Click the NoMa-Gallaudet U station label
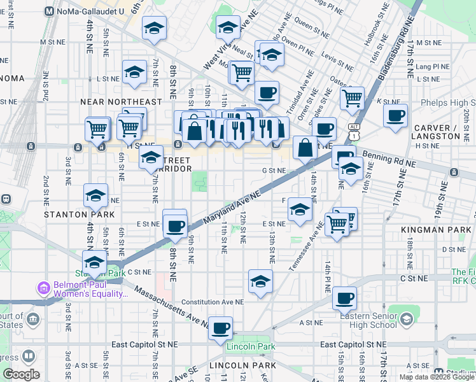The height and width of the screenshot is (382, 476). [88, 11]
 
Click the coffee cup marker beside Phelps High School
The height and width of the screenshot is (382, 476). [396, 116]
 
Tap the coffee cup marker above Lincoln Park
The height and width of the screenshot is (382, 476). [221, 328]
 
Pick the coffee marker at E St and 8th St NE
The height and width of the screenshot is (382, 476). [174, 225]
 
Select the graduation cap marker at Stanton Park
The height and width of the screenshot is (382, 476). [94, 262]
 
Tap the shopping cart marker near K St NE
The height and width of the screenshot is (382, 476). [352, 98]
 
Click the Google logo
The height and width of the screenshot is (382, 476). [22, 374]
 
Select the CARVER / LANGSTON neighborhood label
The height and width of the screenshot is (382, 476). [435, 131]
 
